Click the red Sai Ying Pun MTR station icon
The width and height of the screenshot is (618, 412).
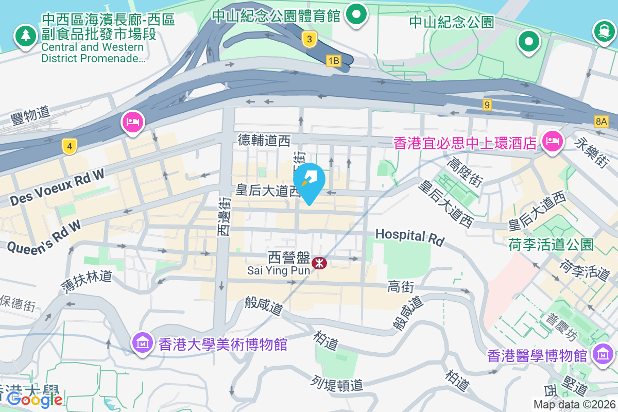320,263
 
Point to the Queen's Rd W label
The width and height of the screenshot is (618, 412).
44,236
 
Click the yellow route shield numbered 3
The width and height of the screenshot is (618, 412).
309,39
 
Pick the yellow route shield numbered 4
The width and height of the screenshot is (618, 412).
70,147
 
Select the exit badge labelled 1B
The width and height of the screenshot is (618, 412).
334,61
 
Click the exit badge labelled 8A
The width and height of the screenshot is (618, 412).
601,122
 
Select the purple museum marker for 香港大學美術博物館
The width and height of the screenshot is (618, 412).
141,342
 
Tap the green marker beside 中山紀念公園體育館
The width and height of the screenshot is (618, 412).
356,14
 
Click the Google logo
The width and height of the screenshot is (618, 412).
35,399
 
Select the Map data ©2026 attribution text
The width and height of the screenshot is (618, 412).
574,405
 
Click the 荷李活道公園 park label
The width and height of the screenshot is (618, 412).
551,244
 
